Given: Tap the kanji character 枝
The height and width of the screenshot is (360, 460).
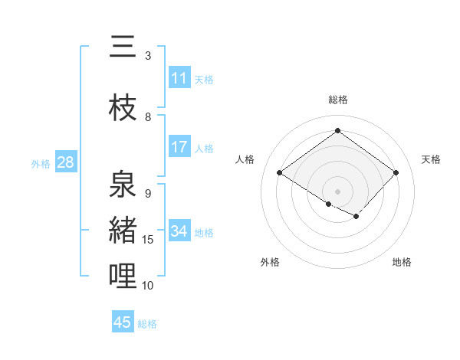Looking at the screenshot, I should tap(123, 108).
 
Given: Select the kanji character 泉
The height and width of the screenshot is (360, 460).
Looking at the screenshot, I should tap(123, 185).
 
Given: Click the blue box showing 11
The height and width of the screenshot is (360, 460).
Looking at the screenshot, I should tap(179, 78).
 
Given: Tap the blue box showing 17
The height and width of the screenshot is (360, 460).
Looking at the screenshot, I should tap(179, 147).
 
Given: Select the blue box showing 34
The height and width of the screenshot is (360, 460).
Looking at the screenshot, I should tap(179, 231).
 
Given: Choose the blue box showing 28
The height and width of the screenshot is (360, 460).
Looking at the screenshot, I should tap(64, 162).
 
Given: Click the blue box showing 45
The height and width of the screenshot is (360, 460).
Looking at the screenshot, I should tap(123, 322).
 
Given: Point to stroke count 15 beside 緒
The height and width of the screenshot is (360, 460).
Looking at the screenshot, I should tap(148, 240).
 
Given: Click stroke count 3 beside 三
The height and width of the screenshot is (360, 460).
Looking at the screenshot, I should tap(148, 56).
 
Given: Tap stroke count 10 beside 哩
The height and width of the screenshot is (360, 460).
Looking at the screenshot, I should tap(148, 286).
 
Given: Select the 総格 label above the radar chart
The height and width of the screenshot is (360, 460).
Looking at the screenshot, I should tap(338, 100).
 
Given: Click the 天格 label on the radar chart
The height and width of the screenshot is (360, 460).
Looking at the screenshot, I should tap(432, 159).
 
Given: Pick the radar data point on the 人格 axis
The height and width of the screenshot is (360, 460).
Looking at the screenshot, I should tap(280, 173).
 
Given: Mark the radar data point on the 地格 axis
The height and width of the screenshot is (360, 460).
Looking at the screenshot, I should tap(356, 217).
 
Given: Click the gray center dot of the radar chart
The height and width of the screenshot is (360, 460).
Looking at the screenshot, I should tap(337, 191).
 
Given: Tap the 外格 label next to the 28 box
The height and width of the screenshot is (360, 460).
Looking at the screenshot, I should tap(41, 163).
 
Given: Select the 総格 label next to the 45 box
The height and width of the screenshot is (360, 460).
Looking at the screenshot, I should tap(147, 324).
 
